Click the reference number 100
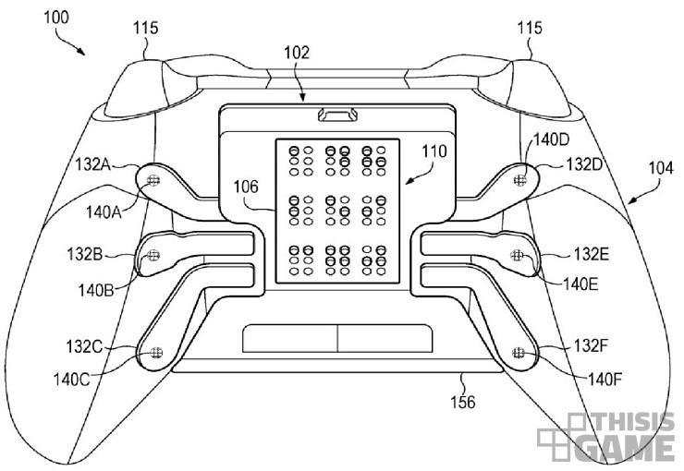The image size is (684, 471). click(x=56, y=18)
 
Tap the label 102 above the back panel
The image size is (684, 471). click(x=297, y=53)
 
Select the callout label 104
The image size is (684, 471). click(x=661, y=168)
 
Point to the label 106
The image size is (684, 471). click(x=246, y=187)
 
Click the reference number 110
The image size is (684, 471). click(x=434, y=151)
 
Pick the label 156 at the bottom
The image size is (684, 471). click(x=463, y=402)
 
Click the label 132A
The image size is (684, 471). click(x=92, y=164)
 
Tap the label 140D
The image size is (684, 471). click(x=552, y=139)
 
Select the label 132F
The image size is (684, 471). click(x=591, y=345)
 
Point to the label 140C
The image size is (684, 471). click(x=71, y=379)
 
